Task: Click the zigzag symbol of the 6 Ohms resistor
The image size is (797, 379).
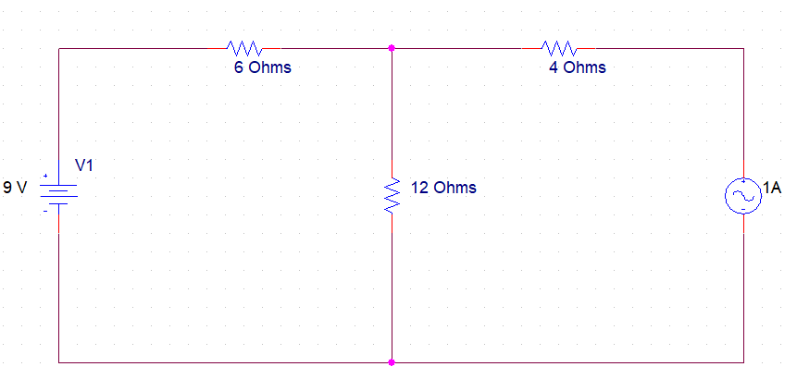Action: pos(244,48)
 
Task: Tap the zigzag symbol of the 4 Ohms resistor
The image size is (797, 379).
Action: pos(559,48)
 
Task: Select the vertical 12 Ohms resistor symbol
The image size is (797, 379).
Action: pos(392,195)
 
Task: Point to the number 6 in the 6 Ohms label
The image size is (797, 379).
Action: pos(239,67)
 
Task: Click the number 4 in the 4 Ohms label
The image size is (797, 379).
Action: pos(554,67)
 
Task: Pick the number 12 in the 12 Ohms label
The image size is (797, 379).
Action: pos(418,188)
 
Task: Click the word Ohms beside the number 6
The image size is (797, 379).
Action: pos(269,67)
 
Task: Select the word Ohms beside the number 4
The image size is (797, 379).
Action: pos(584,67)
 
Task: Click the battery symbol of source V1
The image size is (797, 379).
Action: pos(59,191)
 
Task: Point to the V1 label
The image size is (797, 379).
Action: pos(84,165)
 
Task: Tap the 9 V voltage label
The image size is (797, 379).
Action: pos(15,188)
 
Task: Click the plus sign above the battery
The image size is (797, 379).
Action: pos(44,174)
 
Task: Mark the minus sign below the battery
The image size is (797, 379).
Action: pos(44,211)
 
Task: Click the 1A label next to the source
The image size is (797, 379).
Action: pos(772,189)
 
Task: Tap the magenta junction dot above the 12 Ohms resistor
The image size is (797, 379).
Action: pos(392,48)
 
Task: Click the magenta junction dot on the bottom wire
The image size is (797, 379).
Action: pos(392,362)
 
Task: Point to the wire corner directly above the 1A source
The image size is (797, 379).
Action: pos(743,48)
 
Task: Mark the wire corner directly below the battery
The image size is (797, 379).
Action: pos(59,362)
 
